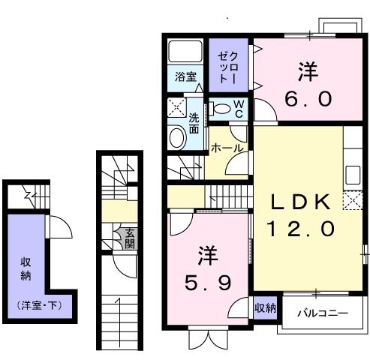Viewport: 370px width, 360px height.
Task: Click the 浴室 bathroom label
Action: coord(186,76)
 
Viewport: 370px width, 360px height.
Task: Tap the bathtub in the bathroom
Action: coord(185,52)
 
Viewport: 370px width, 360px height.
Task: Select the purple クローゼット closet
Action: coord(228,67)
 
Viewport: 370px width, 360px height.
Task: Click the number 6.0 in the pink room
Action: coord(306,98)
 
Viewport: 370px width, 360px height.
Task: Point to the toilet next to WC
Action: coord(221,109)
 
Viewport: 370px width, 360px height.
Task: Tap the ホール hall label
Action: coord(227,148)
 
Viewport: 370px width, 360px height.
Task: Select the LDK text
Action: coord(301,202)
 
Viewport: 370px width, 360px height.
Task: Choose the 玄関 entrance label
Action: coord(129,238)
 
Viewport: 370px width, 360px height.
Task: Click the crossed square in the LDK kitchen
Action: coord(352,201)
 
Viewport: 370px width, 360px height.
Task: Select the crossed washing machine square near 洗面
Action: coord(176,107)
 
